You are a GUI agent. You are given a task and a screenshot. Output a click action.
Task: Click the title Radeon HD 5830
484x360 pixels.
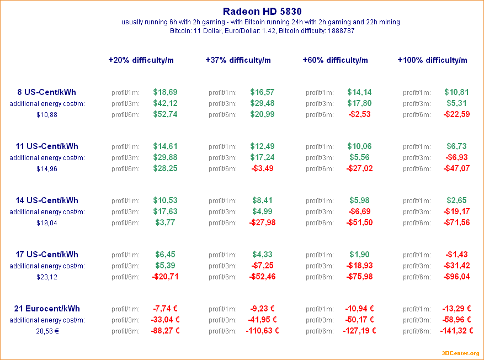(262, 11)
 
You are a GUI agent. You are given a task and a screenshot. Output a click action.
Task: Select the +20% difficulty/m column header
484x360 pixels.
(141, 60)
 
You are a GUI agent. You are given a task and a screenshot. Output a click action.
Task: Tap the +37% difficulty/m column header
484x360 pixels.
(238, 60)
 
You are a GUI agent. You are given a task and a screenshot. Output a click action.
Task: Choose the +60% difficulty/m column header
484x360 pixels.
(335, 60)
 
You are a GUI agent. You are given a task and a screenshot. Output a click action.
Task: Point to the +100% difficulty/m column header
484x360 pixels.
(432, 60)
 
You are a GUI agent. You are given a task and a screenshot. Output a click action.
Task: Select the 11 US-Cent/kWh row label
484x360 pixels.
(47, 146)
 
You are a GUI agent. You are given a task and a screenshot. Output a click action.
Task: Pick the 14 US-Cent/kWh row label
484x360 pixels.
(47, 200)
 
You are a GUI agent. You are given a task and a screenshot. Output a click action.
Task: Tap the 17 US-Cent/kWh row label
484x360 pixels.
(47, 255)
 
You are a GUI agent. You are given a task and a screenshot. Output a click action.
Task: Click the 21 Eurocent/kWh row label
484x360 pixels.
(47, 309)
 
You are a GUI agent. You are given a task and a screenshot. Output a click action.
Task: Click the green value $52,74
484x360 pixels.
(165, 114)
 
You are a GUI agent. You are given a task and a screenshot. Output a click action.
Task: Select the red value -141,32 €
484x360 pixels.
(456, 331)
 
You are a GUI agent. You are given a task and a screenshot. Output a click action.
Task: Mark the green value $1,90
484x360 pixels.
(359, 255)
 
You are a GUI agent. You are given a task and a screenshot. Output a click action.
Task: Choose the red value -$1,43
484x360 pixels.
(456, 255)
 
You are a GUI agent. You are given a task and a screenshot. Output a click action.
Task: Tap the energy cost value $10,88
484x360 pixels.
(47, 115)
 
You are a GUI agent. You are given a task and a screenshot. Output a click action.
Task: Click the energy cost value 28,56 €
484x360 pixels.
(47, 331)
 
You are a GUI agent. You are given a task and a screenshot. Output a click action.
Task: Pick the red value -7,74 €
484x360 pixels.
(165, 309)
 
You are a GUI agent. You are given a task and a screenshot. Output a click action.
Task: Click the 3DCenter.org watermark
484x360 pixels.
(460, 353)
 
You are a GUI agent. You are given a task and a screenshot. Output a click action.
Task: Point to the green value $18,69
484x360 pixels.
(165, 92)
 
